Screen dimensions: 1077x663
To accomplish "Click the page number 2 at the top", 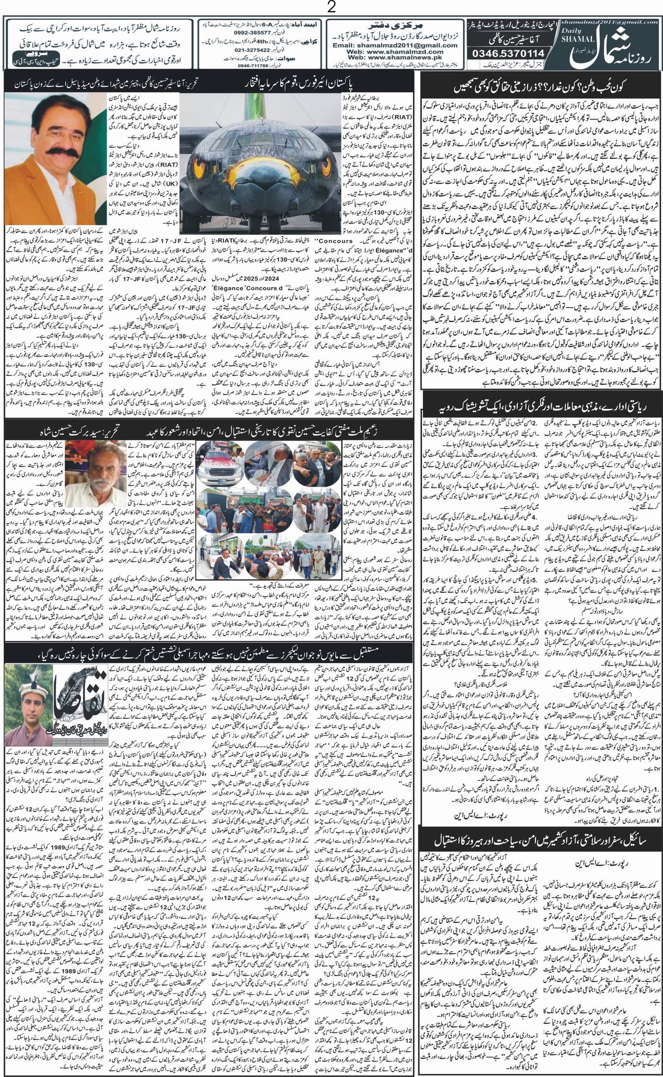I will pyautogui.click(x=331, y=8).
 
